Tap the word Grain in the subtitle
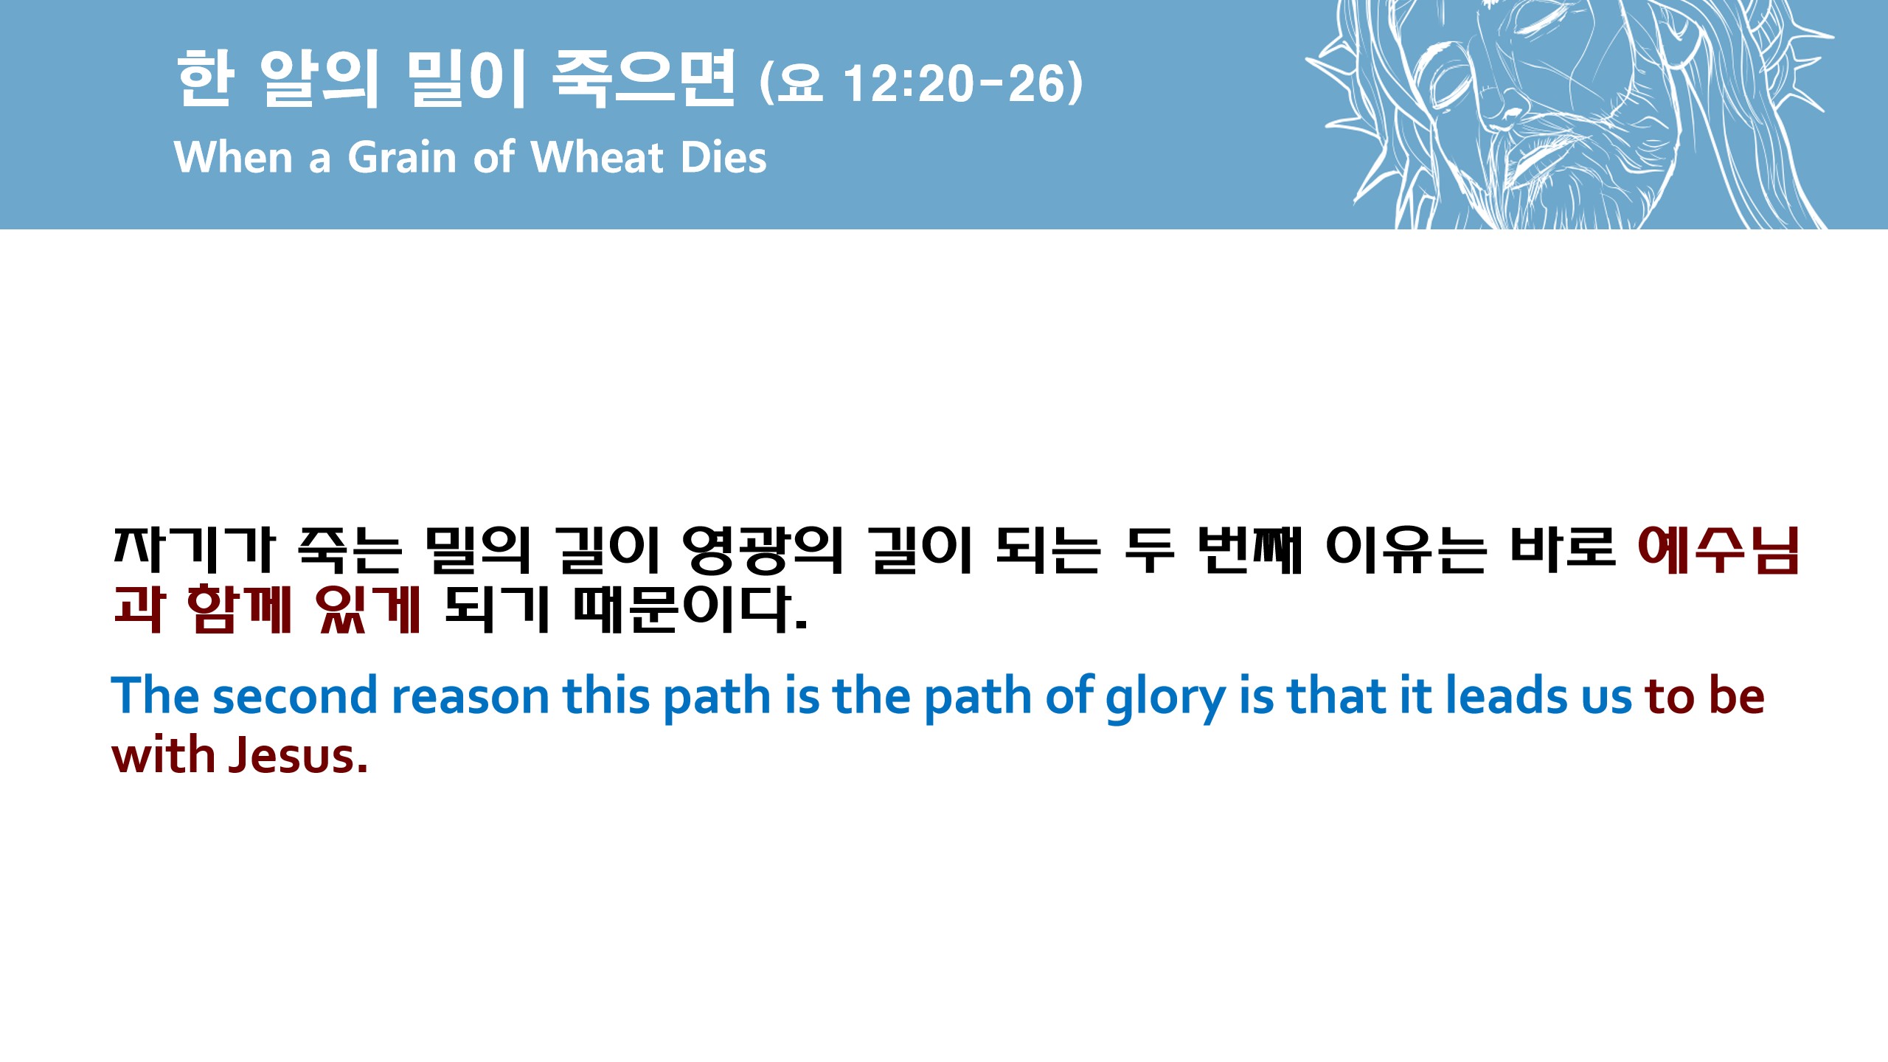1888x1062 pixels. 402,157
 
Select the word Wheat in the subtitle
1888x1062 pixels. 597,157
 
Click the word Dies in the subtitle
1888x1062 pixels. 723,157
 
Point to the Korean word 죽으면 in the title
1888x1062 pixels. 643,78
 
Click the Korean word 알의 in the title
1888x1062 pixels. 319,78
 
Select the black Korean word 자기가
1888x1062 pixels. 194,550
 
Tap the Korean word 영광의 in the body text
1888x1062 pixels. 763,550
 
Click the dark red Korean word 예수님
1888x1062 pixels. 1718,550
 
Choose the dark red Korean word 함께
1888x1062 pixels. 239,609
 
